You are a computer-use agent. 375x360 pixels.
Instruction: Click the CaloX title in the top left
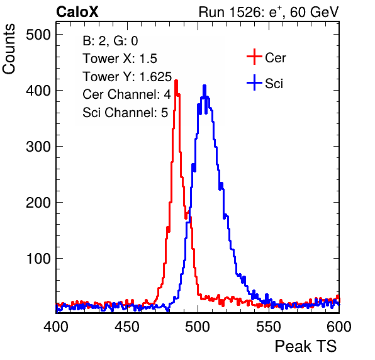(77, 12)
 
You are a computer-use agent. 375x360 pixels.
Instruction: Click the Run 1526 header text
(269, 12)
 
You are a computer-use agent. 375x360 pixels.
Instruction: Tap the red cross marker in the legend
(254, 57)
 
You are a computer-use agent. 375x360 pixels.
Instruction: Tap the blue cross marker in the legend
(254, 82)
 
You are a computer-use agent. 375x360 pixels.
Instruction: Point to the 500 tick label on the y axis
(38, 35)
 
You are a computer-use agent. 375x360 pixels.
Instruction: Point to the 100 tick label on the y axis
(38, 259)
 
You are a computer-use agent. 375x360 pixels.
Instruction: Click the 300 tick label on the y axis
(38, 147)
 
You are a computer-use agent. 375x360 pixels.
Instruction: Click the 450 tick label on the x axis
(127, 326)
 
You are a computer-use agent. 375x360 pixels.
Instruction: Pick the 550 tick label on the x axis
(269, 326)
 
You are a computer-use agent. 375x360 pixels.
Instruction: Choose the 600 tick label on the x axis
(339, 326)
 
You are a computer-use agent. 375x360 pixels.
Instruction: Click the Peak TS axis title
(306, 346)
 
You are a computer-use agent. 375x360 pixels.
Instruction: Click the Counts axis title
(9, 49)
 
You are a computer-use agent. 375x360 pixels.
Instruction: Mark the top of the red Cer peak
(176, 81)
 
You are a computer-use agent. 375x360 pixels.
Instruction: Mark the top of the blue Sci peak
(204, 86)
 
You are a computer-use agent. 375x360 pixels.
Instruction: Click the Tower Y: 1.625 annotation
(127, 77)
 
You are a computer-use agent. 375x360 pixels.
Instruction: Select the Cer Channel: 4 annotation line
(126, 94)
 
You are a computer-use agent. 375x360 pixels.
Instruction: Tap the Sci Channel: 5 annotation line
(125, 112)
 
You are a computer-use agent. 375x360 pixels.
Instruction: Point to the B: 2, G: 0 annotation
(110, 41)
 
